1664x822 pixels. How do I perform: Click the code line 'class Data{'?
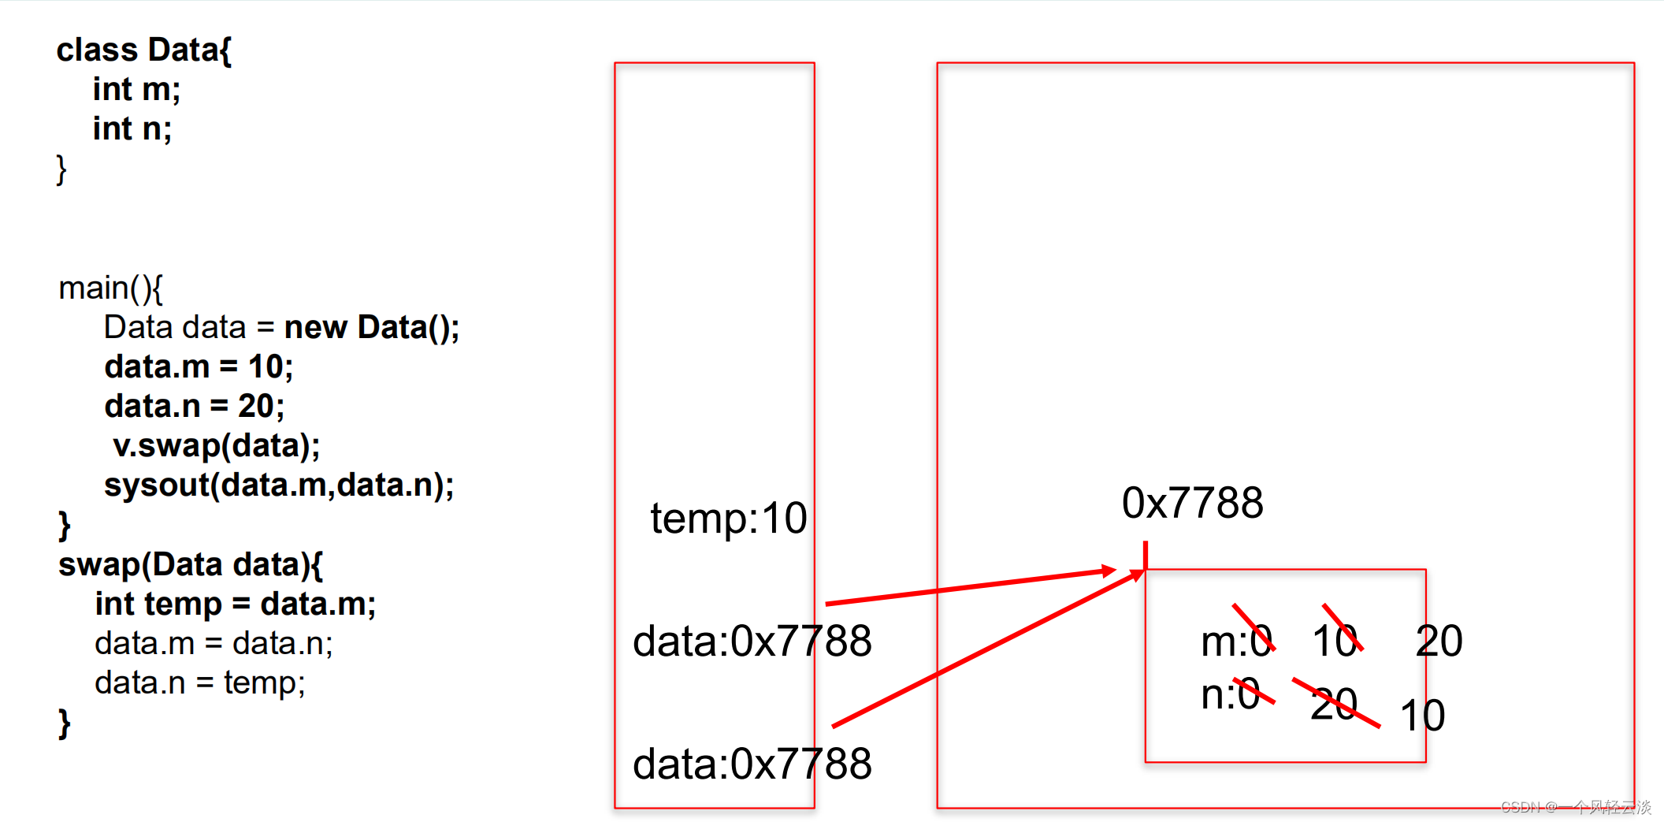[143, 50]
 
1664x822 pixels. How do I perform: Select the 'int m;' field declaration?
[136, 90]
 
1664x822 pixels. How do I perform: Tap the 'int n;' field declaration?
[132, 129]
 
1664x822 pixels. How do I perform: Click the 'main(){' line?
[110, 288]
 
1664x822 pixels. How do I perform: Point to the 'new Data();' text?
[371, 328]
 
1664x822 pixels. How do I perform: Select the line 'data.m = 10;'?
[199, 367]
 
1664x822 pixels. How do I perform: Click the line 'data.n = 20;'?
[194, 407]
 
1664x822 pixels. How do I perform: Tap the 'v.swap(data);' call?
[216, 446]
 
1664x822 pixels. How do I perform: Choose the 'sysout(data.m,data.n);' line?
[279, 485]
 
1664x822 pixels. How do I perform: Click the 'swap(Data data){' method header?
[190, 565]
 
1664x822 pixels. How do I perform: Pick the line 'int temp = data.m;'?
[235, 604]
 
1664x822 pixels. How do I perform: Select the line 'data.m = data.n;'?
[214, 644]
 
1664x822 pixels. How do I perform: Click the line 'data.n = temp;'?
[199, 683]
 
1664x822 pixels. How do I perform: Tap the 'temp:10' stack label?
[728, 519]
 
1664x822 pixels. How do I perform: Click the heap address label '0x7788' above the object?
[1192, 504]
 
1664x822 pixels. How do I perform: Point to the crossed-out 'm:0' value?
[1236, 641]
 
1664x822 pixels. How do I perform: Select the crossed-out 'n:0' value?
[1231, 695]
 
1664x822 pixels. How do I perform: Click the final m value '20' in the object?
[1439, 641]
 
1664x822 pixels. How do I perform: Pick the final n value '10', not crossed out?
[1422, 716]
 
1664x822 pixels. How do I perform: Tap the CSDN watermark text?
[1576, 807]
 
